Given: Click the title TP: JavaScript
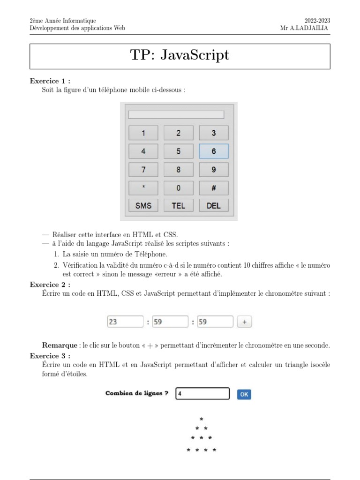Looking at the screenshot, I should pos(180,55).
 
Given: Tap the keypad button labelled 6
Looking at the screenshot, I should pos(213,151).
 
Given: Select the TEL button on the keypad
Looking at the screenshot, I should pos(178,206).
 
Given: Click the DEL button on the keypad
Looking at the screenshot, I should pos(213,206).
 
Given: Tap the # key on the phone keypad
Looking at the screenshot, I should pos(213,187).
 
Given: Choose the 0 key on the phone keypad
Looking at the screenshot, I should pos(178,187).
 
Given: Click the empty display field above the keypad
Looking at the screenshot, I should pos(176,114).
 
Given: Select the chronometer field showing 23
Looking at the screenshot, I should pos(125,322).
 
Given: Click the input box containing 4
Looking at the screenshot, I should pos(202,394).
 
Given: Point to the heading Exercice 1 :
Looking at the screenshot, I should pos(50,81).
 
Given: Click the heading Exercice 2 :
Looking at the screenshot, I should pos(50,285).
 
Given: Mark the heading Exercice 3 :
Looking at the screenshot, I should pos(50,355).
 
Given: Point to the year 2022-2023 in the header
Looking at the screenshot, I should pos(317,21).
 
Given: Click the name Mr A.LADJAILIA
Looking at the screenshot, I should pos(305,28).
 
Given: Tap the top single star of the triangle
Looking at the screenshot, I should pos(201,419).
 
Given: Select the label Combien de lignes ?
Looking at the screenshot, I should pos(137,394).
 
